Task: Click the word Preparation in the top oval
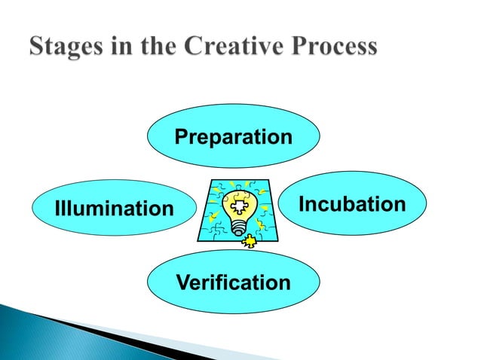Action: coord(233,138)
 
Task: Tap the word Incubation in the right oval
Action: coord(352,205)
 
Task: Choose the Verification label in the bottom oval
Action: coord(233,283)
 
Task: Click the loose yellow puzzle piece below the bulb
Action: coord(248,241)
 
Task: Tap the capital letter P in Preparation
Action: coord(181,138)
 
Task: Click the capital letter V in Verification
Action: coord(182,283)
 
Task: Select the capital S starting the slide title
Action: coord(38,47)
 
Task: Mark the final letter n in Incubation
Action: coord(400,205)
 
